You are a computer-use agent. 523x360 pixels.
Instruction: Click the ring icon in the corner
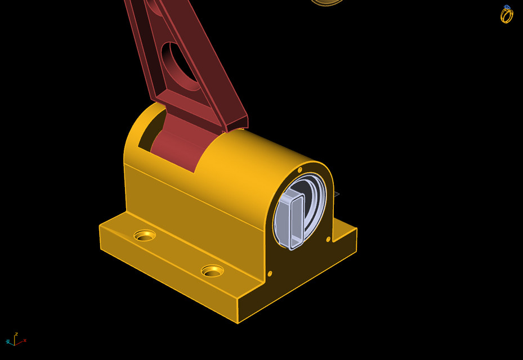coord(507,15)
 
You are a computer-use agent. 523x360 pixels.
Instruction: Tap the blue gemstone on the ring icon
coord(507,8)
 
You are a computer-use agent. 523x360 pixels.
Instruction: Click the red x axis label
coord(25,340)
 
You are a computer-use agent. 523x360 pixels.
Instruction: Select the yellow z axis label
coord(16,334)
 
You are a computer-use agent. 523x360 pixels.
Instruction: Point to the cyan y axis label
coord(8,341)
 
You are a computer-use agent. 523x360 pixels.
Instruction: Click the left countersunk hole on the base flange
coord(145,236)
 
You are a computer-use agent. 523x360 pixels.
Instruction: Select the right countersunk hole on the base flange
coord(212,271)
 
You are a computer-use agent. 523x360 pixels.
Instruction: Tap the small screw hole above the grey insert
coord(300,169)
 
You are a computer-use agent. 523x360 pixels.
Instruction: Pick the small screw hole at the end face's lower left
coord(270,274)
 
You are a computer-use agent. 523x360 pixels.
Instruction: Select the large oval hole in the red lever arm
coord(179,65)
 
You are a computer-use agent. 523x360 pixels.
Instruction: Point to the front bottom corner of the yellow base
coord(238,323)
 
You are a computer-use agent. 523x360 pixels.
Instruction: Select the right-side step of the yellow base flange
coord(345,233)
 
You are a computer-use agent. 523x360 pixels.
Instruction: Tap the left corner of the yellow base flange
coord(101,226)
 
